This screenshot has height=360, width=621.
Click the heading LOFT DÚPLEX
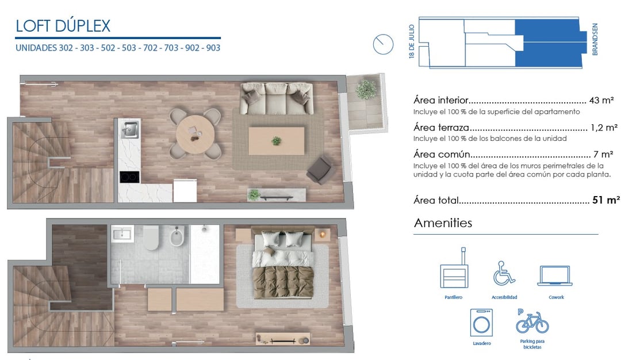pos(63,26)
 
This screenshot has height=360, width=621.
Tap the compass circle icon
pos(383,44)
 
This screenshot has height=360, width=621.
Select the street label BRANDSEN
pos(595,39)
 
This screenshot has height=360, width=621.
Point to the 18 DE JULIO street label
pos(412,41)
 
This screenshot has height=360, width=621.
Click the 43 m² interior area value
pos(601,100)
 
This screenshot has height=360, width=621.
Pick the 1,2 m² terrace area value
pos(604,128)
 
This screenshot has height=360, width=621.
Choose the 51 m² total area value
pos(605,200)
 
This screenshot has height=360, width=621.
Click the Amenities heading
pos(443,223)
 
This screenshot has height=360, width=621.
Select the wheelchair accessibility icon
pos(504,273)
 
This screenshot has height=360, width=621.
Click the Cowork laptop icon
pos(554,275)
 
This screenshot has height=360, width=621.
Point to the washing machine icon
pos(482,323)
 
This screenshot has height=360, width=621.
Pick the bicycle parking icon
pos(532,321)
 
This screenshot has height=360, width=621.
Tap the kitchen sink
pos(129,129)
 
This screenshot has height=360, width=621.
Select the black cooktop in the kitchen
pos(129,177)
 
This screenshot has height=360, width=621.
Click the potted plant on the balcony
pos(366,89)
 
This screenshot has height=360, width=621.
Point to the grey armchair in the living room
pos(320,170)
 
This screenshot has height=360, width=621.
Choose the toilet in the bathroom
pos(151,238)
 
